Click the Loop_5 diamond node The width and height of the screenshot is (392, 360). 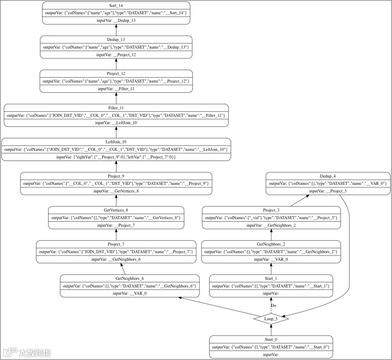(x=271, y=319)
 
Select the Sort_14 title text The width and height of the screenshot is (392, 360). (x=116, y=6)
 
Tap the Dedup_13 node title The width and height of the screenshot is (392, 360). (x=116, y=40)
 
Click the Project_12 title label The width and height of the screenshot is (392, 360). (x=116, y=74)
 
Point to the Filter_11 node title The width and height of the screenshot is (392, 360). (x=116, y=108)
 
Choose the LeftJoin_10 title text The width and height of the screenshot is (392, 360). (x=116, y=142)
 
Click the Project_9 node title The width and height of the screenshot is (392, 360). (x=116, y=176)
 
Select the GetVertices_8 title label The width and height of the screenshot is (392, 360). (x=116, y=210)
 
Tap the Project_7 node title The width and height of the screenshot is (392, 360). (x=116, y=244)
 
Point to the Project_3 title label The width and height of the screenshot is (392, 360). (x=271, y=210)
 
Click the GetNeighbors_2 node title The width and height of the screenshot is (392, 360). (x=271, y=244)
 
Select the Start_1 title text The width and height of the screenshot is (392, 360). (x=271, y=278)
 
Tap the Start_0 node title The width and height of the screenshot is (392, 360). (x=271, y=339)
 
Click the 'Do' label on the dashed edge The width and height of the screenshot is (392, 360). (x=274, y=306)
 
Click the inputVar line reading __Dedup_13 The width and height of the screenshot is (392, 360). (x=116, y=21)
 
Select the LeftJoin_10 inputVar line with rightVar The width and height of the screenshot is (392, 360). (x=116, y=157)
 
